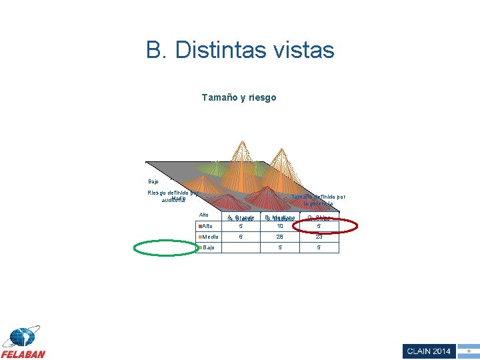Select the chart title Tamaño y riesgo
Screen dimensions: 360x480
pyautogui.click(x=239, y=97)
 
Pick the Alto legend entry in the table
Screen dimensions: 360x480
pyautogui.click(x=208, y=227)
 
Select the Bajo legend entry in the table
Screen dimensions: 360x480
pyautogui.click(x=208, y=248)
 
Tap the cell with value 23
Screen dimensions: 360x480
pyautogui.click(x=319, y=237)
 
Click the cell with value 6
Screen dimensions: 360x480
pyautogui.click(x=241, y=237)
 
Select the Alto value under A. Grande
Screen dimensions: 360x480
pyautogui.click(x=241, y=227)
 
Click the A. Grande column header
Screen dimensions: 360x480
pyautogui.click(x=241, y=218)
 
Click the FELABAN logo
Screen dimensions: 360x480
pyautogui.click(x=23, y=343)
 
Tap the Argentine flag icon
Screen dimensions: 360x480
pyautogui.click(x=469, y=351)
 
